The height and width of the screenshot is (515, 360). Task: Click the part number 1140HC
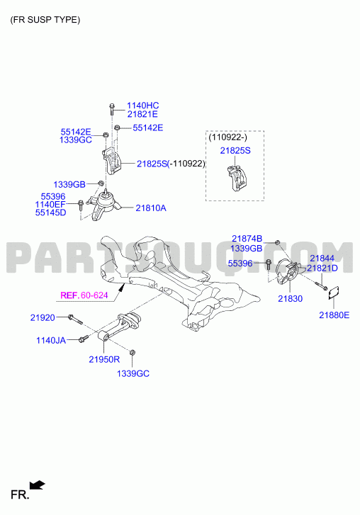point(143,106)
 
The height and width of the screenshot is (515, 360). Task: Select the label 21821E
point(142,114)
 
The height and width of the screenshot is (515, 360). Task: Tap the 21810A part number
point(151,208)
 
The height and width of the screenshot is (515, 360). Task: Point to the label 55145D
point(50,213)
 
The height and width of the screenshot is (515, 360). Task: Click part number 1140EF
point(50,205)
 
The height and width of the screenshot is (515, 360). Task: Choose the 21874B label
point(247,239)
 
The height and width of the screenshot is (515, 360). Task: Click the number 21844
point(322,259)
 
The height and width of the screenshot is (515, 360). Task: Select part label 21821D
point(322,268)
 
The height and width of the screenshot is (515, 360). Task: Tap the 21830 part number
point(290,298)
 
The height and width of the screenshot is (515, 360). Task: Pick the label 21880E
point(334,315)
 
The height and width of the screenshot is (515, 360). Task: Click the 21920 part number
point(43,317)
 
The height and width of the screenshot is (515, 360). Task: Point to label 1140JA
point(51,340)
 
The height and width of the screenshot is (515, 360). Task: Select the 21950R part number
point(104,359)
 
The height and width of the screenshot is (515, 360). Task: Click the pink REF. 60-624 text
point(84,295)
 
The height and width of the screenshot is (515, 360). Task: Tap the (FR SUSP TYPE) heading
point(45,20)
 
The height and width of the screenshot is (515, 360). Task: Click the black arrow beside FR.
point(37,485)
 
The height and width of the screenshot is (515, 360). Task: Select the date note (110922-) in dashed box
point(228,137)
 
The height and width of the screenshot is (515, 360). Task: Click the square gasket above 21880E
point(334,293)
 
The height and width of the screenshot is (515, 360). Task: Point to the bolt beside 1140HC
point(112,109)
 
